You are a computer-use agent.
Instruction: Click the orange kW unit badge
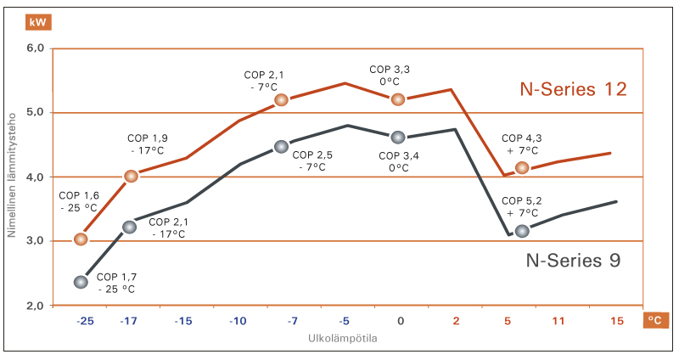[37, 22]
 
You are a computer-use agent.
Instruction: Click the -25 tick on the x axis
[84, 322]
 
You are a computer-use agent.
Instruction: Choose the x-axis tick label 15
[617, 322]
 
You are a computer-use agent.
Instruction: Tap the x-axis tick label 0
[400, 322]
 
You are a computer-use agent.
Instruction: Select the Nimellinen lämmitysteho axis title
[13, 177]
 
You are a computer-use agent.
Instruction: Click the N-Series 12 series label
[574, 89]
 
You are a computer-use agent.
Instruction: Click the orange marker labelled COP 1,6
[81, 239]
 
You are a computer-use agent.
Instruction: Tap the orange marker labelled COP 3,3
[398, 99]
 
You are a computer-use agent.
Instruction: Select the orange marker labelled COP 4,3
[522, 168]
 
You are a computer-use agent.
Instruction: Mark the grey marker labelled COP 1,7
[81, 282]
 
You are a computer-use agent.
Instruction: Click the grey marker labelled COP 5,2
[522, 231]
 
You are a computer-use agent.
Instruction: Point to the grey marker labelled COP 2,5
[282, 147]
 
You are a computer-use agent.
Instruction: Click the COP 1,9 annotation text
[148, 143]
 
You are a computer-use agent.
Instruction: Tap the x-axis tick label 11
[558, 322]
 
